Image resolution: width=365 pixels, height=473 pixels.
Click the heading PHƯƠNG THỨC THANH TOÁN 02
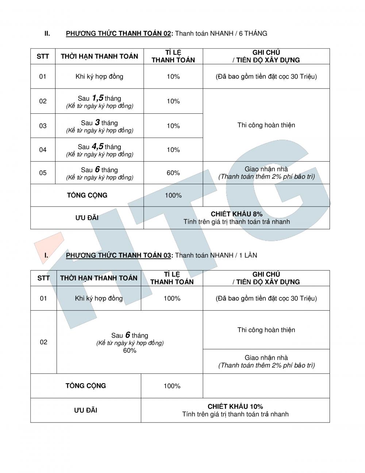coord(118,34)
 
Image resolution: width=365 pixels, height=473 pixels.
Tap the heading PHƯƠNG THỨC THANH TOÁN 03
coord(118,256)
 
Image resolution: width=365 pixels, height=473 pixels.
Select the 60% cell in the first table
coord(173,173)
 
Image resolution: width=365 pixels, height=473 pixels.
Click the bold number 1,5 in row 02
coord(97,98)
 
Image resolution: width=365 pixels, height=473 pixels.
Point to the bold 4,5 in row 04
coord(97,147)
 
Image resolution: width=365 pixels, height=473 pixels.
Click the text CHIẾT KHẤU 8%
coord(237,214)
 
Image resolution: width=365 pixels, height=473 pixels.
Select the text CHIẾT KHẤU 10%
coord(235,406)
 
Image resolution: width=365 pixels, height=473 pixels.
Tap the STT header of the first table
coord(43,56)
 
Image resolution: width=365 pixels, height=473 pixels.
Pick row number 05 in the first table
coord(43,173)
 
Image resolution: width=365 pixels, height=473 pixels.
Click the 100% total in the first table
coord(173,196)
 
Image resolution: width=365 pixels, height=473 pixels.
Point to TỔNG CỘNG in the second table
coord(86,386)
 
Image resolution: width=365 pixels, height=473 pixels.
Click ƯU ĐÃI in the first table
coord(87,218)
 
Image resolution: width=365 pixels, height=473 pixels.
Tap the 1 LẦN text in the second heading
coord(248,256)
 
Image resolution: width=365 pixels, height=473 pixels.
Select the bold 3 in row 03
coord(97,122)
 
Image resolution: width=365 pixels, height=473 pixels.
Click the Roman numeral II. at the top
coord(47,34)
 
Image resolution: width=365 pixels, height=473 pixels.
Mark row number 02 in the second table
coord(43,342)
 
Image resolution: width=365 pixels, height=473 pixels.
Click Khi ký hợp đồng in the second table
coord(99,298)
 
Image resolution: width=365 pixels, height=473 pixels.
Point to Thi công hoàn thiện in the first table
coord(266,125)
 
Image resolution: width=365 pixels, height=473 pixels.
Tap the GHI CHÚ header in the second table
coord(266,274)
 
